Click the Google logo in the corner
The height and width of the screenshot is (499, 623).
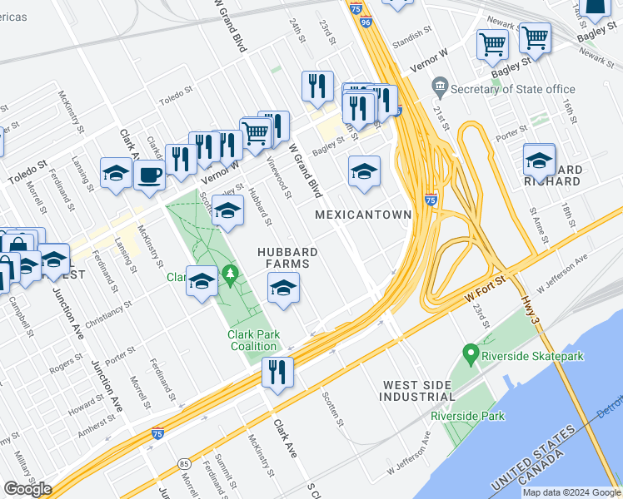(27, 489)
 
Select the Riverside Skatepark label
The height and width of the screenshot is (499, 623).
(532, 357)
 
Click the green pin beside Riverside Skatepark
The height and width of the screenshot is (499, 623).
(471, 356)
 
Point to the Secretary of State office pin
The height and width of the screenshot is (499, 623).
(440, 86)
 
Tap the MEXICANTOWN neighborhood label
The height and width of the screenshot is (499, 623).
(363, 215)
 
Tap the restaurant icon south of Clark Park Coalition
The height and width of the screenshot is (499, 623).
(277, 372)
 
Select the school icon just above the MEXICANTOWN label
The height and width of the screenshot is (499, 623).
(364, 172)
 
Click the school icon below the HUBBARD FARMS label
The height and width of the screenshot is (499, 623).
(283, 289)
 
